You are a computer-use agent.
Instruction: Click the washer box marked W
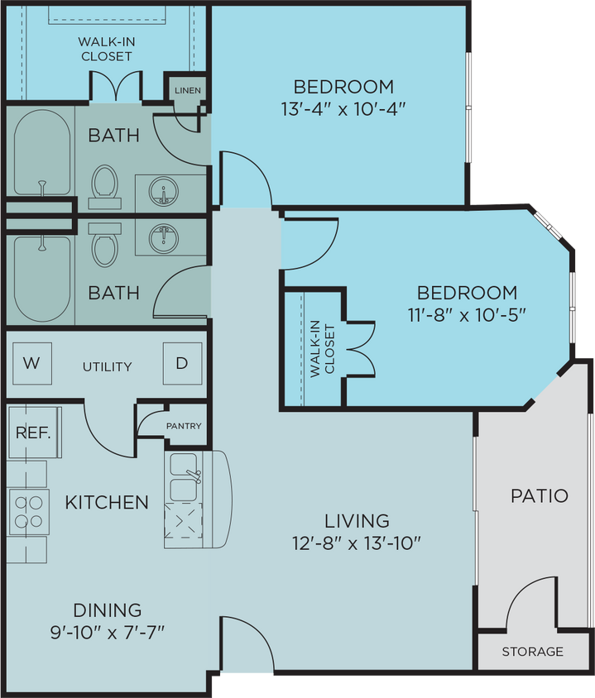pos(31,362)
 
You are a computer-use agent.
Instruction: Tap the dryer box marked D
pos(181,362)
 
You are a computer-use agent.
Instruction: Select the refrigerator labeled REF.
pos(34,433)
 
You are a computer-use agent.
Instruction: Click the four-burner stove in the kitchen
pos(27,510)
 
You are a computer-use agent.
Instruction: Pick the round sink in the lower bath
pos(164,238)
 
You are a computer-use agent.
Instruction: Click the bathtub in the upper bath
pos(41,154)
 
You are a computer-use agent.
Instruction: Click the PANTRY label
pos(183,426)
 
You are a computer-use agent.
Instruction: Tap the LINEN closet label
pos(186,90)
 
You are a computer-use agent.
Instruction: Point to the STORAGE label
pos(532,652)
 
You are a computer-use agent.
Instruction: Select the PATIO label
pos(539,496)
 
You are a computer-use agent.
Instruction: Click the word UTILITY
pos(107,366)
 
